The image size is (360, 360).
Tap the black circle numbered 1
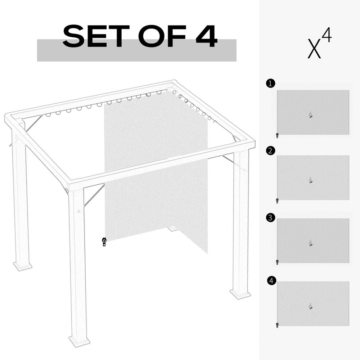(x=270, y=84)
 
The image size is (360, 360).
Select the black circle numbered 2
(x=271, y=151)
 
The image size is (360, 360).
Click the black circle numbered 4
(x=272, y=280)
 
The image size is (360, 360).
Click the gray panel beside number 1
(x=313, y=112)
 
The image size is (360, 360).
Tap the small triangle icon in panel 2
(x=310, y=180)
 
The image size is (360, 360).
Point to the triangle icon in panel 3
(x=310, y=243)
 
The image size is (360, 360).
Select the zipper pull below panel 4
(x=277, y=325)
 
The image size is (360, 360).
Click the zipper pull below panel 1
(x=277, y=135)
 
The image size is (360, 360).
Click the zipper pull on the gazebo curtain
(x=104, y=242)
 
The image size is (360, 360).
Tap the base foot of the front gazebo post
(x=79, y=341)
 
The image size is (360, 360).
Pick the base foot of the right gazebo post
(x=240, y=294)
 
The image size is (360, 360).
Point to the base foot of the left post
(x=23, y=266)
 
